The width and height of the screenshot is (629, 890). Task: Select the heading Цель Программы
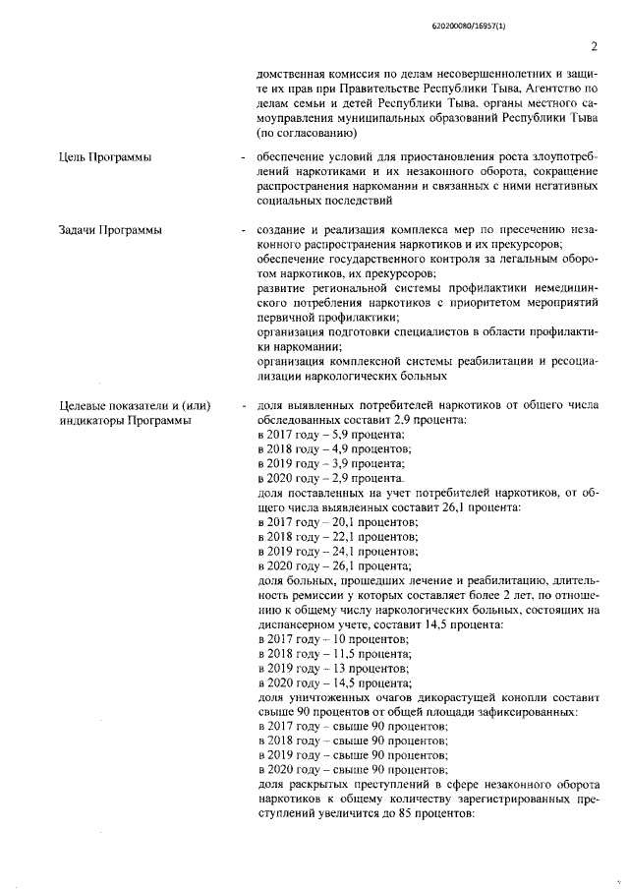[105, 157]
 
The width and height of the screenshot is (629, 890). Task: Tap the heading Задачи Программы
[109, 230]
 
